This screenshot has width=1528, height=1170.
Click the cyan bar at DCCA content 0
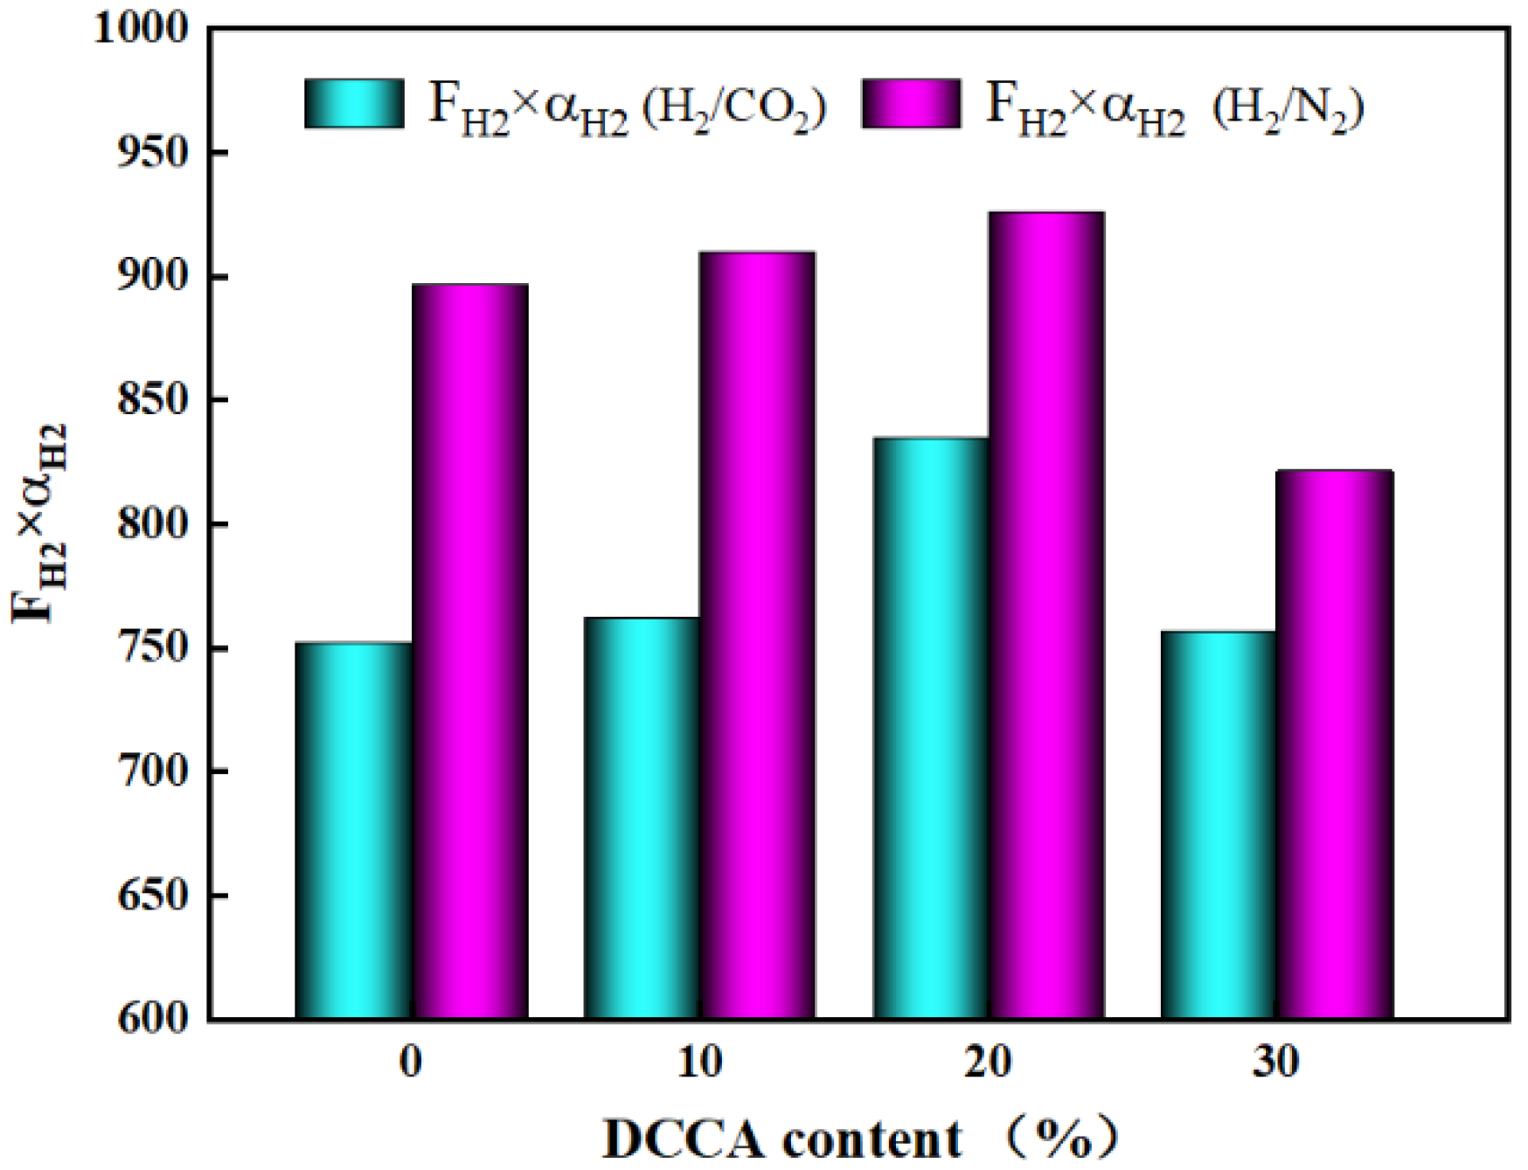(353, 830)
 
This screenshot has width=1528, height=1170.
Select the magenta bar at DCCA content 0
(469, 651)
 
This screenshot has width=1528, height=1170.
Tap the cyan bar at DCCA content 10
(642, 818)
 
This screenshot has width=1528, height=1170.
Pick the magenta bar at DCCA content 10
(758, 635)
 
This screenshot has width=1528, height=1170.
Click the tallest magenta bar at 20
(1046, 615)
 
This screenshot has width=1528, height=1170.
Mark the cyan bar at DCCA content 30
(1218, 825)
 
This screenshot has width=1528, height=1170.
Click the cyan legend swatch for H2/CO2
(354, 103)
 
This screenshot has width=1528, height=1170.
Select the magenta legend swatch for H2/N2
(911, 103)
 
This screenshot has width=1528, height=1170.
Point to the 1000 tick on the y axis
(142, 28)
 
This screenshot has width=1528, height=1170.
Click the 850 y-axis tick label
(153, 400)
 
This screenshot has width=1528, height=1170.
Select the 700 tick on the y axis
(153, 772)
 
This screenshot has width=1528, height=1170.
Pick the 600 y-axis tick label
(153, 1019)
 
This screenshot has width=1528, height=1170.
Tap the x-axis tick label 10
(699, 1062)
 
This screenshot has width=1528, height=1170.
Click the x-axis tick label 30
(1276, 1062)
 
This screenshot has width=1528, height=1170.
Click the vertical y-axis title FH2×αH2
(39, 524)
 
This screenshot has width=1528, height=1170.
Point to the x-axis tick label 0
(410, 1062)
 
